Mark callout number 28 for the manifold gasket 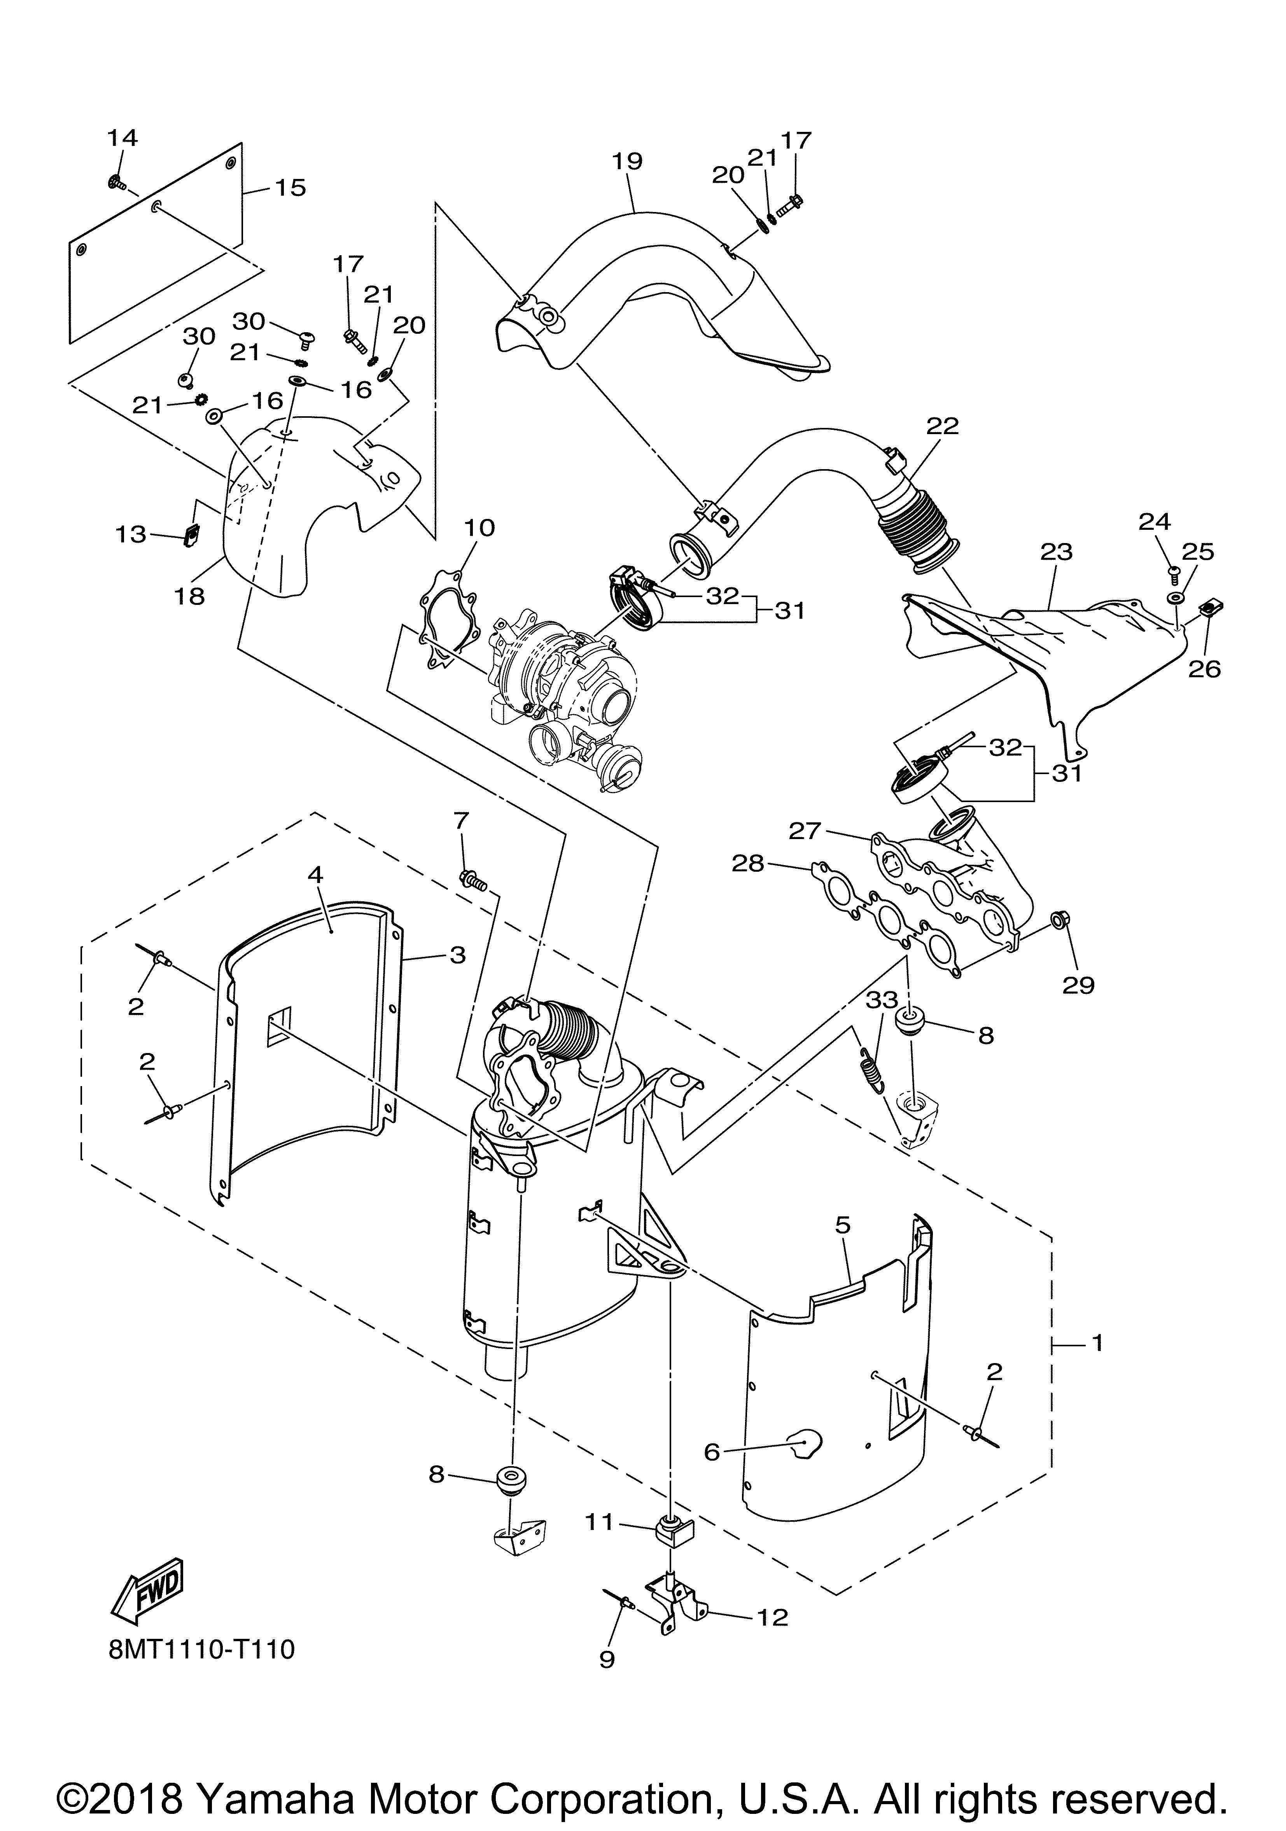point(748,864)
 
